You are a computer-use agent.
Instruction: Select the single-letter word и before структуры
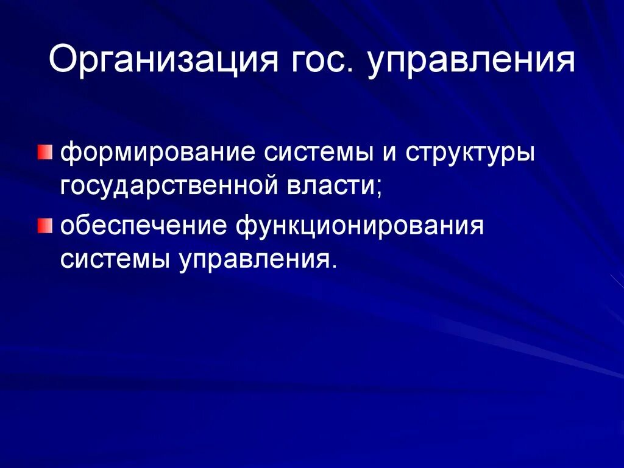[x=388, y=152]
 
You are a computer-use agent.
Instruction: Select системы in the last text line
[x=115, y=260]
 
